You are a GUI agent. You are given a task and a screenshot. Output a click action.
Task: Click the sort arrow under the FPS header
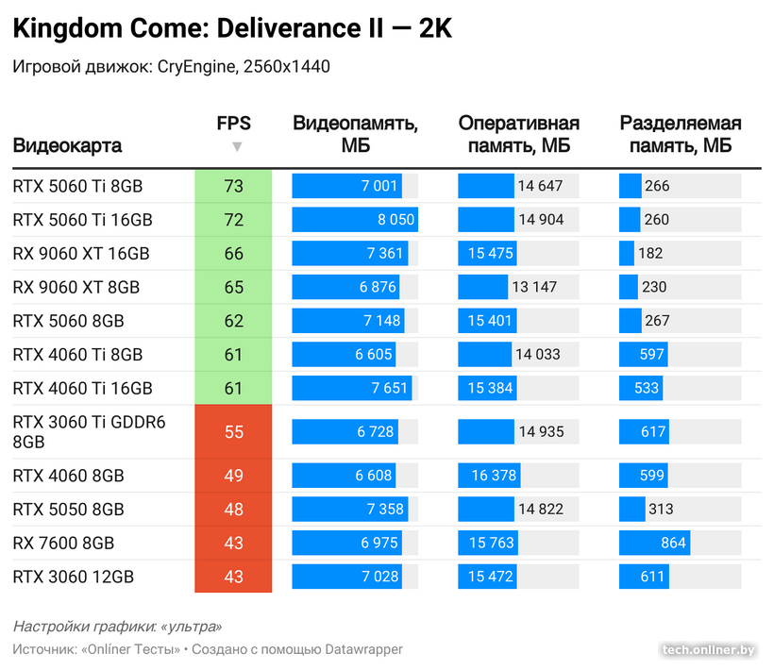pyautogui.click(x=237, y=146)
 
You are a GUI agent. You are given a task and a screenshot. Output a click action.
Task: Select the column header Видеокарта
pyautogui.click(x=67, y=146)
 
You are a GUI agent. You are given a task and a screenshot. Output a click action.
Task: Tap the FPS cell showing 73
pyautogui.click(x=233, y=186)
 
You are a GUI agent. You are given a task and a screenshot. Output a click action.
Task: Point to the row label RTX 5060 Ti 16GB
pyautogui.click(x=82, y=220)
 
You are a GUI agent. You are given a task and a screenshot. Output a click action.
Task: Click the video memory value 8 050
pyautogui.click(x=395, y=220)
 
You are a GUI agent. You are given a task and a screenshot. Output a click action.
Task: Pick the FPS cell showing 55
pyautogui.click(x=233, y=431)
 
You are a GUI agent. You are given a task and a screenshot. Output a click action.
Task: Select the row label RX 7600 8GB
pyautogui.click(x=63, y=543)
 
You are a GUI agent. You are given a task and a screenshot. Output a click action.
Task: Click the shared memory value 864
pyautogui.click(x=673, y=543)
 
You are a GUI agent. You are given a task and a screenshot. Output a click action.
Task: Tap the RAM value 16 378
pyautogui.click(x=494, y=476)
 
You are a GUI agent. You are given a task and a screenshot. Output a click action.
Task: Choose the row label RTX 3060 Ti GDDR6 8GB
pyautogui.click(x=89, y=431)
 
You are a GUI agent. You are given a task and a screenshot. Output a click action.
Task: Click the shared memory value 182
pyautogui.click(x=650, y=254)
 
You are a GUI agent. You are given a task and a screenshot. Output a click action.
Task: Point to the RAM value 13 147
pyautogui.click(x=534, y=287)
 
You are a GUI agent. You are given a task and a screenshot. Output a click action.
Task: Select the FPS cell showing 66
pyautogui.click(x=233, y=254)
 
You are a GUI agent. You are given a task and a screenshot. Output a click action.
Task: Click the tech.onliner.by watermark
pyautogui.click(x=708, y=649)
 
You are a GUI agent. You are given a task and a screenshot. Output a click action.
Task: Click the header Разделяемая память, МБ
pyautogui.click(x=680, y=135)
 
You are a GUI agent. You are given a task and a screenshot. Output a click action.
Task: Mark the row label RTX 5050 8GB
pyautogui.click(x=68, y=510)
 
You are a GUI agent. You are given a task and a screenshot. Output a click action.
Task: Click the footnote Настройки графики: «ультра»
pyautogui.click(x=117, y=627)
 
